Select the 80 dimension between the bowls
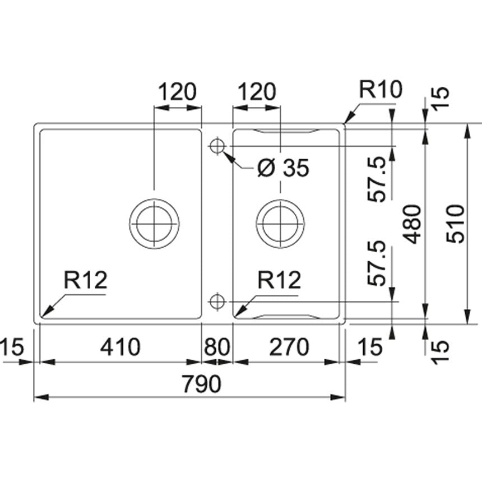217,347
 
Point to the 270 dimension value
288,347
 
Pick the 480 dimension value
413,224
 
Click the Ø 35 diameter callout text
283,168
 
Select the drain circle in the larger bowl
154,223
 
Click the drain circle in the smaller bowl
280,223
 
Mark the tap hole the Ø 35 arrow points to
216,146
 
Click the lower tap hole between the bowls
216,302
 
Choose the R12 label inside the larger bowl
85,280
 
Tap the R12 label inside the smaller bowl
279,280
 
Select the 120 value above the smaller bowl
257,91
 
